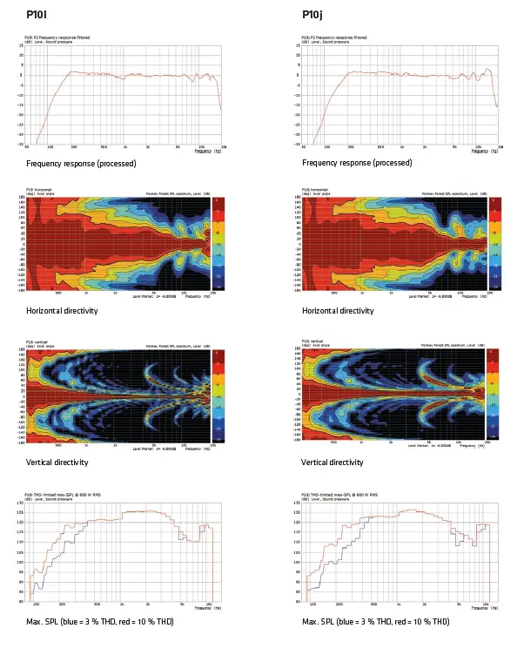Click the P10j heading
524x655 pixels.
[x=312, y=15]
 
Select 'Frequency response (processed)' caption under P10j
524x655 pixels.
[x=357, y=163]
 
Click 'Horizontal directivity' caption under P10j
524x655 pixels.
[x=338, y=311]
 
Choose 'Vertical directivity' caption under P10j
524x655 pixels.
[x=332, y=463]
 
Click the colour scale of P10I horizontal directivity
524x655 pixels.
[x=218, y=241]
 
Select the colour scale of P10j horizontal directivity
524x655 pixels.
[x=494, y=241]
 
